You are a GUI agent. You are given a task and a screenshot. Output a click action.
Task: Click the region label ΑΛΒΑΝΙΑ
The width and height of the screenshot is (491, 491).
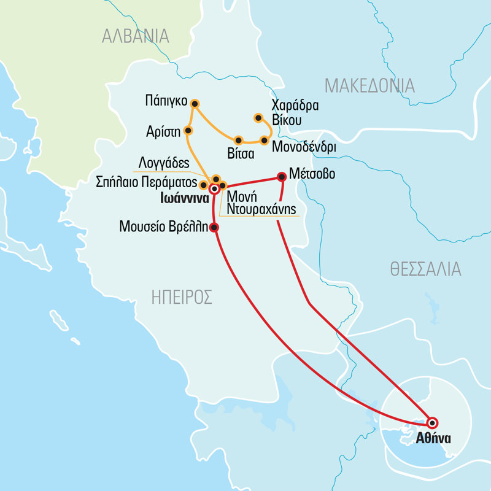tap(135, 36)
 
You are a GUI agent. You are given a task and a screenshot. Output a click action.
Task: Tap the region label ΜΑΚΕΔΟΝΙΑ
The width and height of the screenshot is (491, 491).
tap(369, 85)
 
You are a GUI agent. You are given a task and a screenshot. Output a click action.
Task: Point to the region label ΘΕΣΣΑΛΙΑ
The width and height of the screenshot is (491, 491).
tap(425, 269)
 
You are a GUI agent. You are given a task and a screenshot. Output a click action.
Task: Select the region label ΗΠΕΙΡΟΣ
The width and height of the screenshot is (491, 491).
tap(182, 298)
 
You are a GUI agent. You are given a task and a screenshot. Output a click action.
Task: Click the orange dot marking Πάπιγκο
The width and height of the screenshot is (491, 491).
tap(195, 103)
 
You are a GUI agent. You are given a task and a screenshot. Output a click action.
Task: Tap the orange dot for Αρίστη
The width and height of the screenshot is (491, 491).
tap(188, 131)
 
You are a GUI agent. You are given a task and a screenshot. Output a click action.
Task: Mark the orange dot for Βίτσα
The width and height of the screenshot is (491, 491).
tap(239, 140)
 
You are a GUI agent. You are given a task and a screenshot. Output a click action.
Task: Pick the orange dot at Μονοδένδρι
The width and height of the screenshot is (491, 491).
tap(264, 141)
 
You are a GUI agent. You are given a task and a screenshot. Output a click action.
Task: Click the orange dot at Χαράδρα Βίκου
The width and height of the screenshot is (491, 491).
tap(258, 118)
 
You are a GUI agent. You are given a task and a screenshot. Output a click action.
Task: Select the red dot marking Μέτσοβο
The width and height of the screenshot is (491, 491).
tap(282, 177)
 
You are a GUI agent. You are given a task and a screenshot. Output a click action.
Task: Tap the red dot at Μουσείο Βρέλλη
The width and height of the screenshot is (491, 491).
tap(214, 228)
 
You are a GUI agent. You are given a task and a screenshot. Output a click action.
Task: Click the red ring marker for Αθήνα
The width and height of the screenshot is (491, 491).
tap(431, 422)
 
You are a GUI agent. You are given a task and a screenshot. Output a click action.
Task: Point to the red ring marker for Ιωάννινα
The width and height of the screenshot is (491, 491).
tap(214, 189)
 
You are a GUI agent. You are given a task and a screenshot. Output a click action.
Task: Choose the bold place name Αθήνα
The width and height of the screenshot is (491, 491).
tap(433, 438)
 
